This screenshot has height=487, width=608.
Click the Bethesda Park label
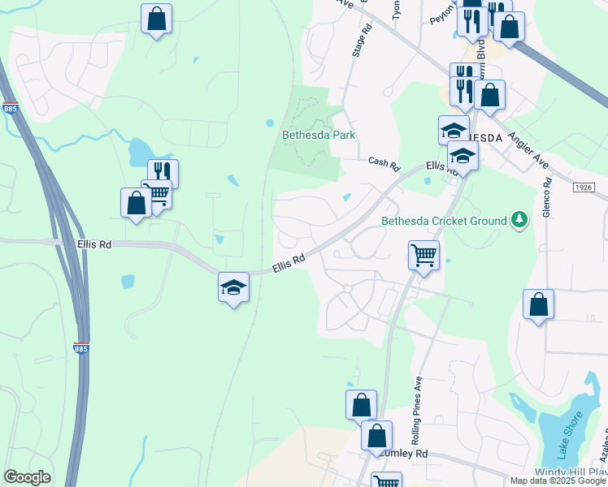click(x=319, y=135)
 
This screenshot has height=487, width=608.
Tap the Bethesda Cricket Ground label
click(x=445, y=220)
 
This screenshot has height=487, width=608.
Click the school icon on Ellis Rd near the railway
click(x=233, y=287)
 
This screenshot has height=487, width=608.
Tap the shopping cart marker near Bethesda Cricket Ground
click(x=423, y=255)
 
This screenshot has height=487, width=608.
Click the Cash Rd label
click(x=384, y=164)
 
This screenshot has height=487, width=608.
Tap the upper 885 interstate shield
click(x=11, y=107)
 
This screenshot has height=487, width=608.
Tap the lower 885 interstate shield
click(x=80, y=347)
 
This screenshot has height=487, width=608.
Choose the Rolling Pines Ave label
click(x=417, y=420)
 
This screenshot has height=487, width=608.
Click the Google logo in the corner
click(x=27, y=477)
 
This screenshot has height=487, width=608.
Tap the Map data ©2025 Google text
click(x=558, y=481)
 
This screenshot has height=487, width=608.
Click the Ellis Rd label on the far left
click(x=93, y=243)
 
